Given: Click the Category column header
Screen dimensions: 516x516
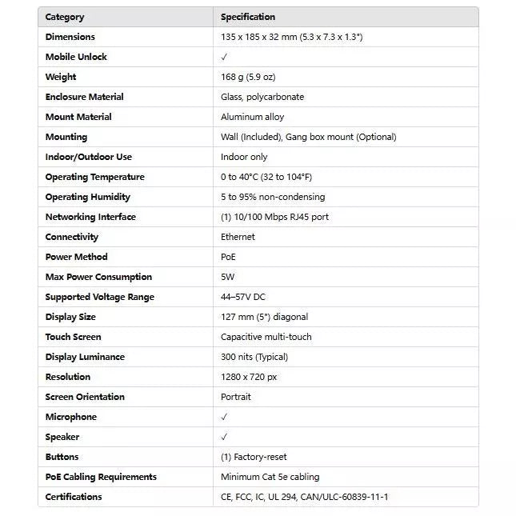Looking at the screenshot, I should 65,17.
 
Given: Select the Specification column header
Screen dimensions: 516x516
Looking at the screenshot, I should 248,17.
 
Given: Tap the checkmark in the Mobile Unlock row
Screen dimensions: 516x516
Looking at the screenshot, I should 225,57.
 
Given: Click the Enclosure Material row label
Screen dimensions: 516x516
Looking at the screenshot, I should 84,97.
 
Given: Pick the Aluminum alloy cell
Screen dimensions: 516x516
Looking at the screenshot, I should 252,117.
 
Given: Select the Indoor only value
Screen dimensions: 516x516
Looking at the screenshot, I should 244,157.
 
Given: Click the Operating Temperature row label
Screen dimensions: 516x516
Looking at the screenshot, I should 94,177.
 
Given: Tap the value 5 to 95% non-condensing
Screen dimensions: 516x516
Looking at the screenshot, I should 273,197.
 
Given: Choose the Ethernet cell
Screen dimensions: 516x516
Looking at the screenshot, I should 238,237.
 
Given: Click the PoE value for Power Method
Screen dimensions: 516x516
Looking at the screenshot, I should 228,257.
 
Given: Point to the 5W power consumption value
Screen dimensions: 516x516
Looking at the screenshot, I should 227,277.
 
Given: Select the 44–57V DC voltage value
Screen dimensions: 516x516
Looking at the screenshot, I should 243,297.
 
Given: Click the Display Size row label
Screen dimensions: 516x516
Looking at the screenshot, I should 70,317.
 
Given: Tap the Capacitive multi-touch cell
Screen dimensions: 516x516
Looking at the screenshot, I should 266,337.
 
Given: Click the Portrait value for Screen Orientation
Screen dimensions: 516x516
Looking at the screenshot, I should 236,397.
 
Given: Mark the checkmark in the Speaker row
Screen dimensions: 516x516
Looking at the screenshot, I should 225,437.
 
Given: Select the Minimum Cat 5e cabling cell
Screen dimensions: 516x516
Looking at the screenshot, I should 270,477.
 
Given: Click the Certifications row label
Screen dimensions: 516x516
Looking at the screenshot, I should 74,497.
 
